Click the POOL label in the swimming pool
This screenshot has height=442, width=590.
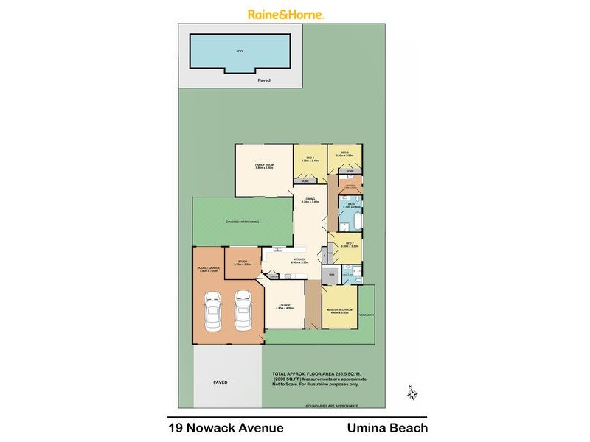click(x=240, y=52)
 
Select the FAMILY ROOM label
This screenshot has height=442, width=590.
click(x=264, y=166)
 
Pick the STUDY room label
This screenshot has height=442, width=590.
click(x=243, y=262)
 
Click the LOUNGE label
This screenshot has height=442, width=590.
click(x=285, y=306)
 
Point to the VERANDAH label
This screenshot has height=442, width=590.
click(x=367, y=315)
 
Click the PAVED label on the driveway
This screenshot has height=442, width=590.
click(x=220, y=383)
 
